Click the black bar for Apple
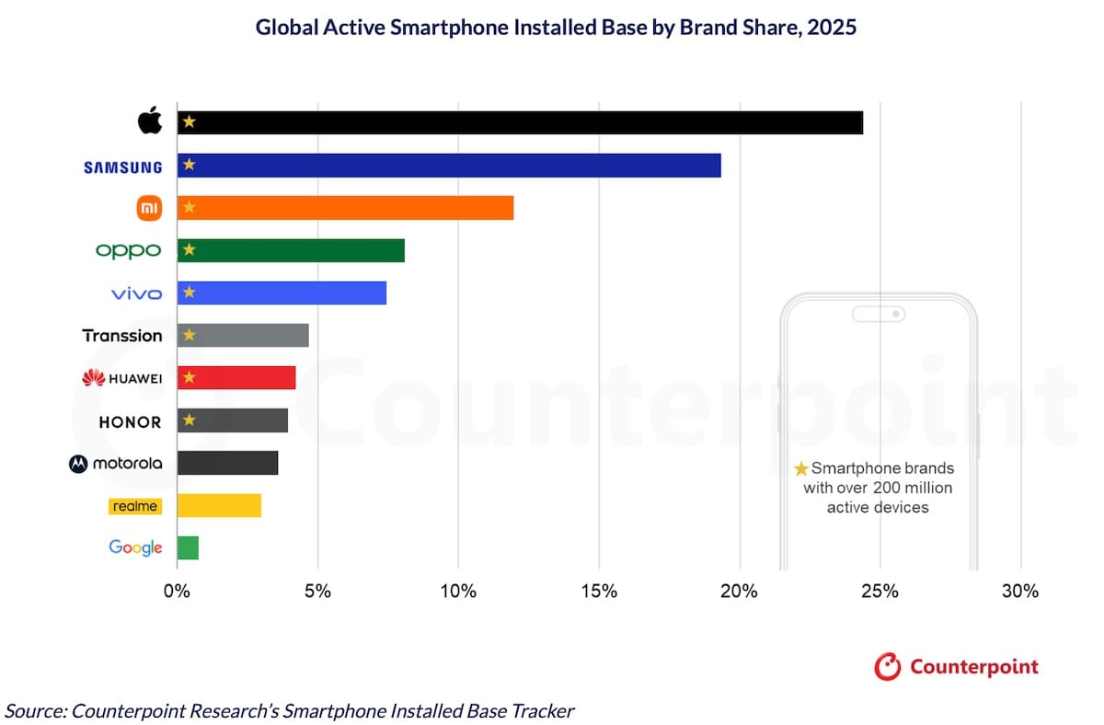(520, 122)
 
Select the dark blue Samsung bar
(449, 166)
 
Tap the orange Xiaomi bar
(345, 208)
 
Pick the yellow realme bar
(219, 505)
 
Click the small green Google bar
(188, 547)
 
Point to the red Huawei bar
(236, 378)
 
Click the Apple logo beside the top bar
(149, 121)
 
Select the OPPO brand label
(128, 250)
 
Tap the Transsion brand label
(122, 336)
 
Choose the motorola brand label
(116, 464)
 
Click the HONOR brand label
(130, 422)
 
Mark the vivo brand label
(136, 293)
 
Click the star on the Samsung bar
(189, 166)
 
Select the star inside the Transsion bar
(189, 336)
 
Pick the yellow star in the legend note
(801, 469)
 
